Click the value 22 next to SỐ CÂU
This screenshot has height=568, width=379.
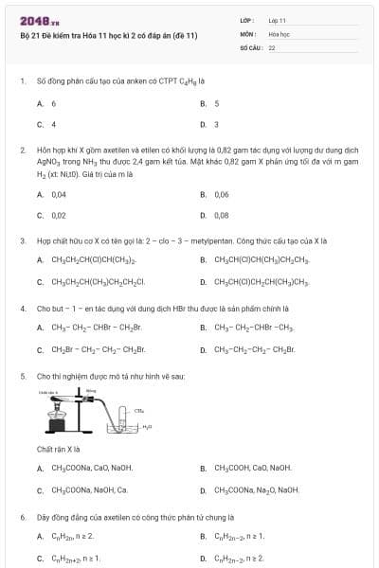pyautogui.click(x=272, y=46)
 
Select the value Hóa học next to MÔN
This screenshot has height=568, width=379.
pyautogui.click(x=278, y=33)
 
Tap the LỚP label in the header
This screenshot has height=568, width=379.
pyautogui.click(x=245, y=20)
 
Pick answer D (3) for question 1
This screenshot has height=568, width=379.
pyautogui.click(x=216, y=124)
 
